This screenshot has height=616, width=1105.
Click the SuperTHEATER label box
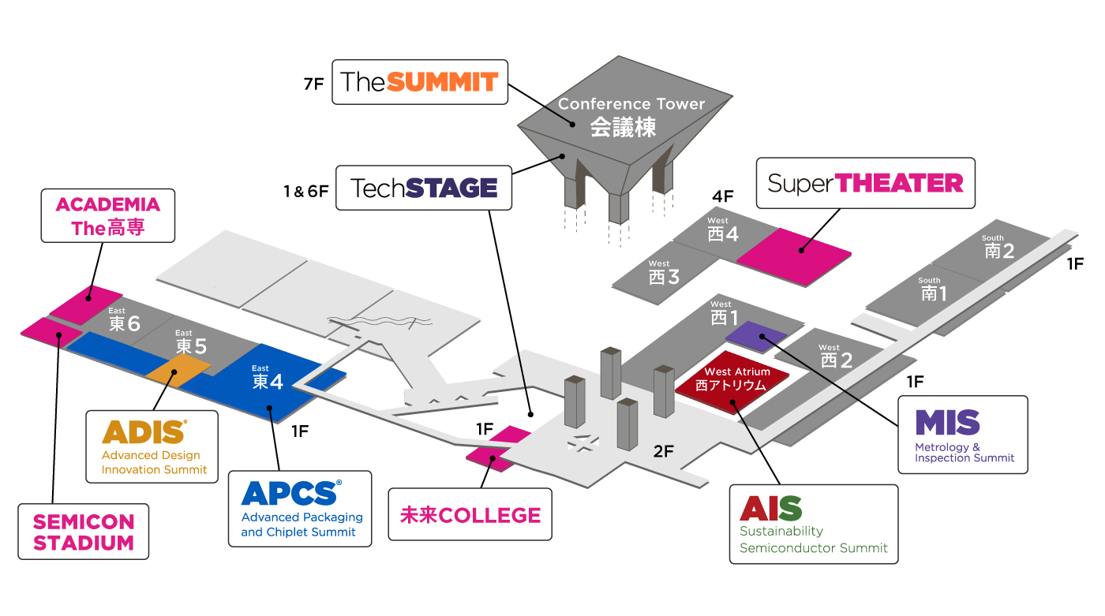coord(865,183)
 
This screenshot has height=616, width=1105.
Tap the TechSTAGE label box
coord(424,188)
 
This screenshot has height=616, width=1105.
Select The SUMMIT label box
coord(419,81)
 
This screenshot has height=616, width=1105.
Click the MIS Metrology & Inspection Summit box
coord(963,435)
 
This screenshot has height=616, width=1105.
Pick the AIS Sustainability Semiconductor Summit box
coord(813,525)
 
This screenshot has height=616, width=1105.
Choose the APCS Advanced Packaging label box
coord(299,510)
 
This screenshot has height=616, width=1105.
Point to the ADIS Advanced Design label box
coord(152,446)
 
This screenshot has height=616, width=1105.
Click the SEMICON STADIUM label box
coord(84,532)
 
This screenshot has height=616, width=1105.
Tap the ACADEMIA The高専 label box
coord(107,216)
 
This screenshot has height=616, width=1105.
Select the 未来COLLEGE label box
coord(470,515)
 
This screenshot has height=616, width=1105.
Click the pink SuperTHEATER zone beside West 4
coord(794,250)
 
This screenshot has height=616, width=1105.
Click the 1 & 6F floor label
coord(305,190)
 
